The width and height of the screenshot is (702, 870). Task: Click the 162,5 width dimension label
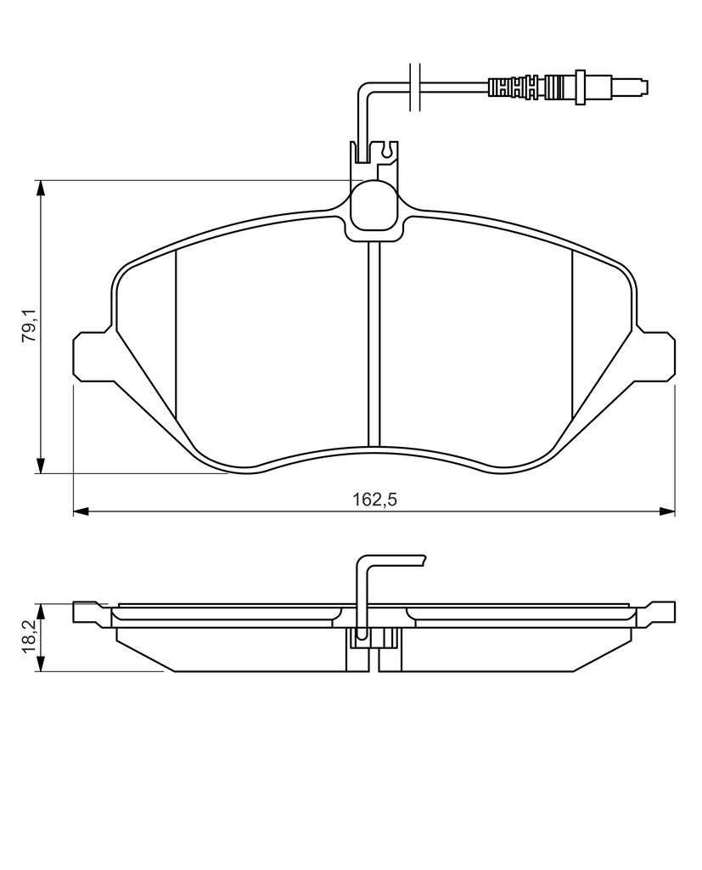click(x=375, y=500)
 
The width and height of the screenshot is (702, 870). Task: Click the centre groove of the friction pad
click(x=373, y=345)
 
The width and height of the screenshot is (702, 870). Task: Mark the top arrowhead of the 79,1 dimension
click(x=40, y=188)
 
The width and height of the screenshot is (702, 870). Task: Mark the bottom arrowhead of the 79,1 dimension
click(x=40, y=466)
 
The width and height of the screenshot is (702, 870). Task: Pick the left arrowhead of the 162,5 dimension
click(x=81, y=511)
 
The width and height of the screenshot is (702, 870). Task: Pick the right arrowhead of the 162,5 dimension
click(x=667, y=511)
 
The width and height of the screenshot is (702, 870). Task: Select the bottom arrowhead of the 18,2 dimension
click(x=40, y=664)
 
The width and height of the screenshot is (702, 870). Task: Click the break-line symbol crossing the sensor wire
click(x=415, y=87)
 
